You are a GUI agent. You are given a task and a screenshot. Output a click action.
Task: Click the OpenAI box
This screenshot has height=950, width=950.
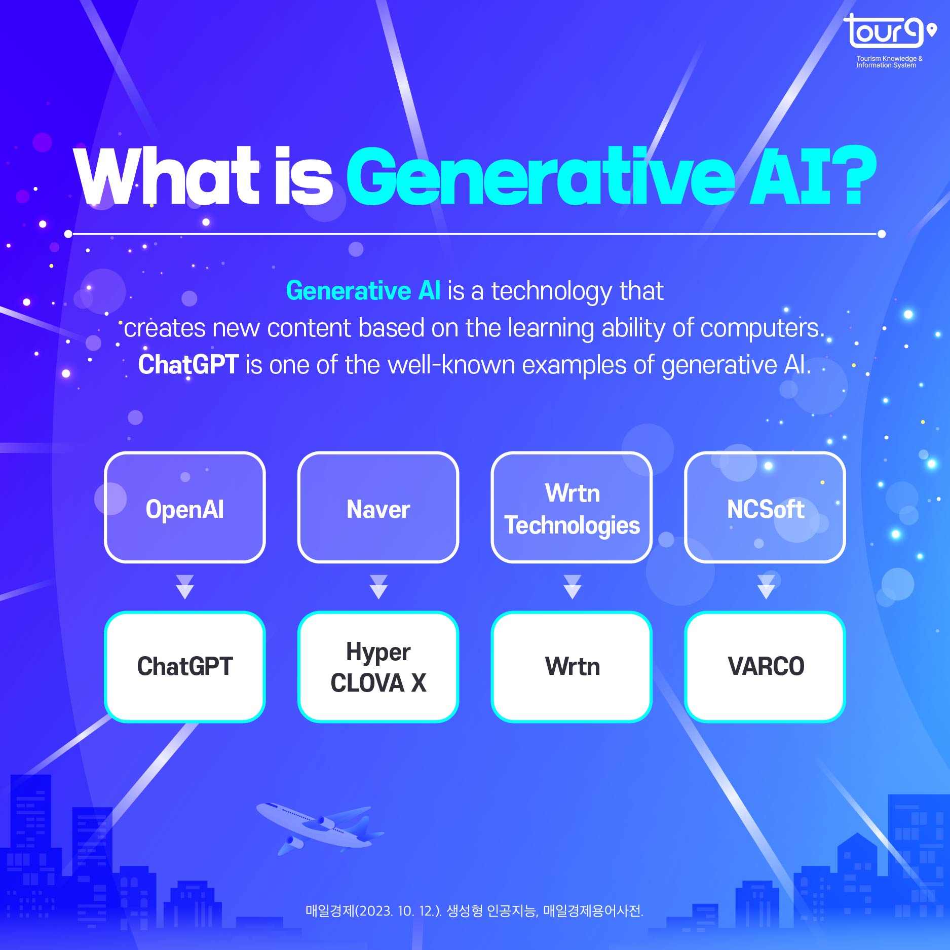click(x=185, y=507)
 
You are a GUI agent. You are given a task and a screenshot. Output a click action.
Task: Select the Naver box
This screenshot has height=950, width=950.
click(x=378, y=507)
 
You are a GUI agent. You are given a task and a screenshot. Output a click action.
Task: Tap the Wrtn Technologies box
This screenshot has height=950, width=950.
click(x=572, y=507)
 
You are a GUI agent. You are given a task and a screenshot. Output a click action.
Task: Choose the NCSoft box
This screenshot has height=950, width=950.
click(x=766, y=507)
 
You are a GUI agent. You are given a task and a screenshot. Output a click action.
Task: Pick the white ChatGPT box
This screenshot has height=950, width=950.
click(x=185, y=667)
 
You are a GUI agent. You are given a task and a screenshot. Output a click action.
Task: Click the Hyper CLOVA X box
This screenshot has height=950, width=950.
click(x=378, y=667)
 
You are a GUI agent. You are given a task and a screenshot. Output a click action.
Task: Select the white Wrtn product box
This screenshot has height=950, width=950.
click(x=572, y=667)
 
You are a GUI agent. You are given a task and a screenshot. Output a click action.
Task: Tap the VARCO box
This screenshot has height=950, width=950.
click(x=766, y=667)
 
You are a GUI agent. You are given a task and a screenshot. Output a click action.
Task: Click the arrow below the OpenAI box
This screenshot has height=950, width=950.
click(x=185, y=587)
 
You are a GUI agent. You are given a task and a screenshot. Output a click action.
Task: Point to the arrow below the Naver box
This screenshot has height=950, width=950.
click(x=378, y=587)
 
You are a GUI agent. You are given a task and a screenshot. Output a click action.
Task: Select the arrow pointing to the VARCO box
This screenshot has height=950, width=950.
click(x=766, y=587)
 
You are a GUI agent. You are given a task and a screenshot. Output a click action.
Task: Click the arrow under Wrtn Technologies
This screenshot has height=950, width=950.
click(x=572, y=587)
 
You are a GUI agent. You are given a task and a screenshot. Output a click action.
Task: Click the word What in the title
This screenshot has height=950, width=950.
click(x=167, y=176)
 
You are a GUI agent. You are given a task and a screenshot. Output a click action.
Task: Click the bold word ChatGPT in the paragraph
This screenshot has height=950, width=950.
click(x=188, y=364)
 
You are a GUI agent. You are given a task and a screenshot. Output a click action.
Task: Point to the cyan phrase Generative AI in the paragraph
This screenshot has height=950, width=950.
click(x=363, y=291)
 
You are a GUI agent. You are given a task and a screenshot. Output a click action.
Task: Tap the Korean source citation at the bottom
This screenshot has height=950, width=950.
click(x=474, y=911)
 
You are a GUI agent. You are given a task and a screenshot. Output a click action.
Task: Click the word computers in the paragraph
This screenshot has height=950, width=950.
click(x=762, y=328)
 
